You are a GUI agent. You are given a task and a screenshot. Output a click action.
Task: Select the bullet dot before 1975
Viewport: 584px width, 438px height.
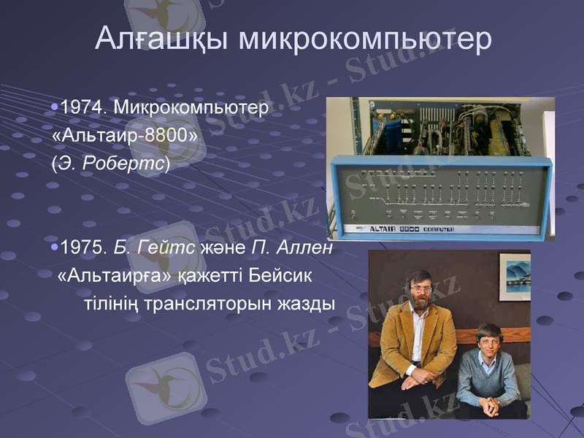point(55,248)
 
